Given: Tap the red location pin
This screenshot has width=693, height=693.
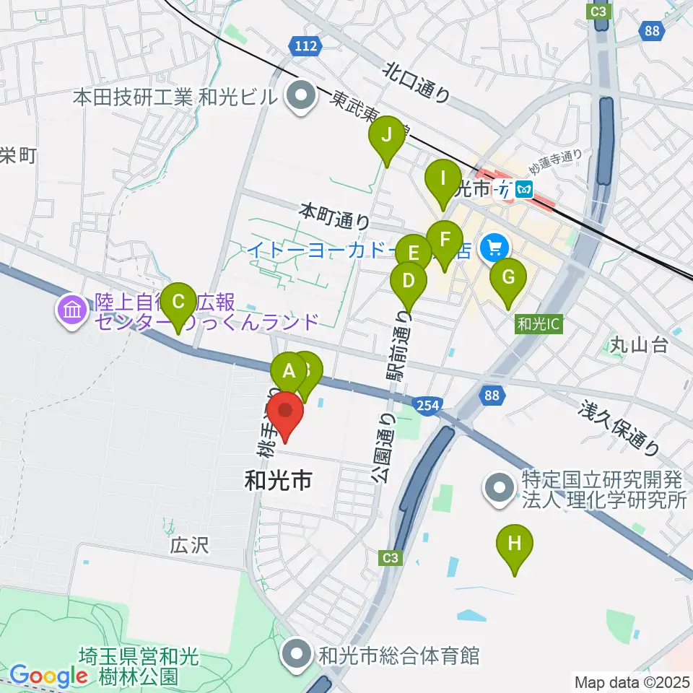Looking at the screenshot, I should (287, 413).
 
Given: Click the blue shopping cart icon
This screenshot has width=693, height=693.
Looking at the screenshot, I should (494, 248).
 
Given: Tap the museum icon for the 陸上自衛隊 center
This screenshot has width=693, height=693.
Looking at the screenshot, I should (72, 311).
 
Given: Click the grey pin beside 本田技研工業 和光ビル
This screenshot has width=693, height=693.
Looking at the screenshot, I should (297, 96).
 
